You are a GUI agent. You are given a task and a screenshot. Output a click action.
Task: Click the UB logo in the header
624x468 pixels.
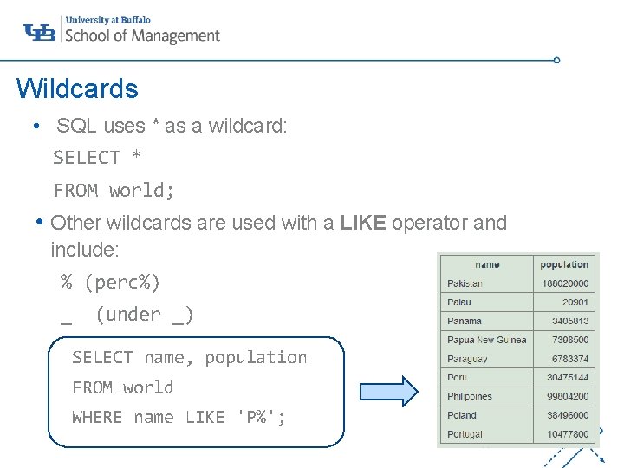40,32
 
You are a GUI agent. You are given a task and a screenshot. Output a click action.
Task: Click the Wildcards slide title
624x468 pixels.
77,88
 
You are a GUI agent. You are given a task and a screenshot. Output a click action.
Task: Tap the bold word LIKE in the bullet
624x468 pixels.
363,223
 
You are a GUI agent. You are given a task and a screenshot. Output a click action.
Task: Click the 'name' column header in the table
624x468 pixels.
487,264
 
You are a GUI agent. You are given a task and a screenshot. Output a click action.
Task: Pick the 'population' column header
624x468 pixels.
564,264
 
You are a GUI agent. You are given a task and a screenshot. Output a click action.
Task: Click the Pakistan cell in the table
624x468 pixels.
465,283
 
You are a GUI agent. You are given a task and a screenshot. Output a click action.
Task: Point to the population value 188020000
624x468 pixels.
565,283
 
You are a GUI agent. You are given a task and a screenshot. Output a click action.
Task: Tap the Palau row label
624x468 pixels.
459,302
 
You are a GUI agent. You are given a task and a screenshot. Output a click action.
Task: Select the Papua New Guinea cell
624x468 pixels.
486,340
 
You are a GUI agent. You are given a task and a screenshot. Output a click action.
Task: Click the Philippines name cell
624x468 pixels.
470,396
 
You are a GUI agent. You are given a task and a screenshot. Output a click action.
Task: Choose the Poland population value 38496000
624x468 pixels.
568,415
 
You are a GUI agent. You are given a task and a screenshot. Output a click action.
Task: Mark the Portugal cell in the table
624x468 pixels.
465,434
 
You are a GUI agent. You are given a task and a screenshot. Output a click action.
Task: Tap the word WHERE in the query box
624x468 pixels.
97,417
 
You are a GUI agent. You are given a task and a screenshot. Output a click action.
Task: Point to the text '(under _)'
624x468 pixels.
145,314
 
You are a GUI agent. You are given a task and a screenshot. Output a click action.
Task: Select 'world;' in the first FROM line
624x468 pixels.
142,190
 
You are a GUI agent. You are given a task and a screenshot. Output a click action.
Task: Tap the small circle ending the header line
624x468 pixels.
556,61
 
